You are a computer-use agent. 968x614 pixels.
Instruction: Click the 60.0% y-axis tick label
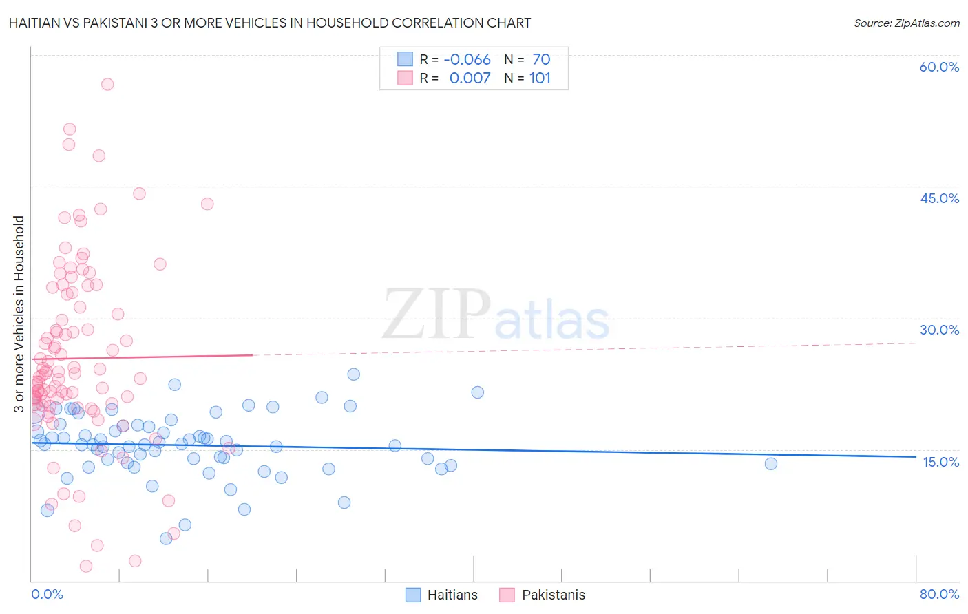click(939, 67)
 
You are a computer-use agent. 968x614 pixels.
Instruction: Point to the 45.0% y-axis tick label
click(939, 198)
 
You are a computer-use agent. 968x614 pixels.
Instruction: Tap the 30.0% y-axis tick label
click(939, 330)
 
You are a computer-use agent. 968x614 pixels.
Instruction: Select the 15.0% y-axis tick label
click(940, 462)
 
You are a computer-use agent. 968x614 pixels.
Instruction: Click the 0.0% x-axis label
click(47, 595)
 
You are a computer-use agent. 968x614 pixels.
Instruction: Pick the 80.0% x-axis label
click(939, 595)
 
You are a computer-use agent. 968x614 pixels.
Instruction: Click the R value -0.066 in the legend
click(467, 60)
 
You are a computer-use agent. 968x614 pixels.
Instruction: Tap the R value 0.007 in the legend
click(470, 78)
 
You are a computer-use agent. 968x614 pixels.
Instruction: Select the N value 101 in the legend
click(540, 78)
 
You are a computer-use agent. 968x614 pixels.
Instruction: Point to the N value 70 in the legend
click(541, 60)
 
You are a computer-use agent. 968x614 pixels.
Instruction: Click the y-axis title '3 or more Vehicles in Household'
click(19, 314)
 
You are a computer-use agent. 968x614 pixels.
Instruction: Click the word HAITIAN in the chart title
click(39, 23)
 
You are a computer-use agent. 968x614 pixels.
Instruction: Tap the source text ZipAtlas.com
click(927, 23)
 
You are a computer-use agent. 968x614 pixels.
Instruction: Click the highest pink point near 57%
click(107, 85)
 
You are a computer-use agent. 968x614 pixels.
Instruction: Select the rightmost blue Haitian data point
click(771, 464)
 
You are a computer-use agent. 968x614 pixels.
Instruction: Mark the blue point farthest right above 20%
click(478, 392)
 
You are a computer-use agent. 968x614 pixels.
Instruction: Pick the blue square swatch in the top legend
click(405, 60)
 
